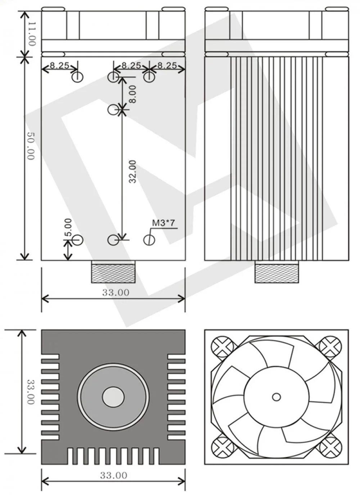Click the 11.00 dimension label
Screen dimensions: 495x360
point(32,34)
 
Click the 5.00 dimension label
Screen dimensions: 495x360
point(68,227)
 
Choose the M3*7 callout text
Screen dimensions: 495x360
point(163,223)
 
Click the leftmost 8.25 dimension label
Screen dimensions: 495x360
point(59,65)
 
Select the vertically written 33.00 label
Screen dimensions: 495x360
point(31,392)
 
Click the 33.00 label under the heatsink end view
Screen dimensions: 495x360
point(113,476)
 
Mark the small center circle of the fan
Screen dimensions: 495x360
point(276,397)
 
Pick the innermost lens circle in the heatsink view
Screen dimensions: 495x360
point(113,397)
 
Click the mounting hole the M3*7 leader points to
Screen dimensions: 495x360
point(149,240)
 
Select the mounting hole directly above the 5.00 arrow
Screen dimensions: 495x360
point(78,240)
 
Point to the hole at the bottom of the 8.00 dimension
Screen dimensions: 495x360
point(113,109)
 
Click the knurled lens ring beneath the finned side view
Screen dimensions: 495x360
point(276,272)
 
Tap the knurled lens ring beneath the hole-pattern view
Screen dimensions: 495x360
point(113,272)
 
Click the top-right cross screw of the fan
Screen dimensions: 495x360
point(330,346)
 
